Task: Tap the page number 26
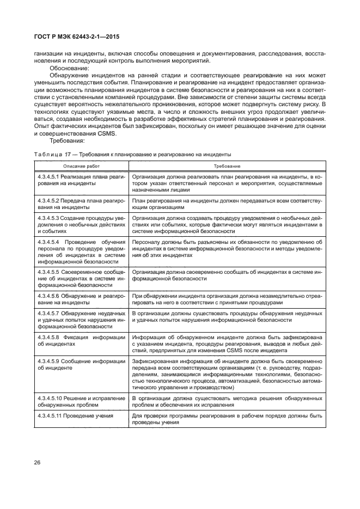(38, 462)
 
